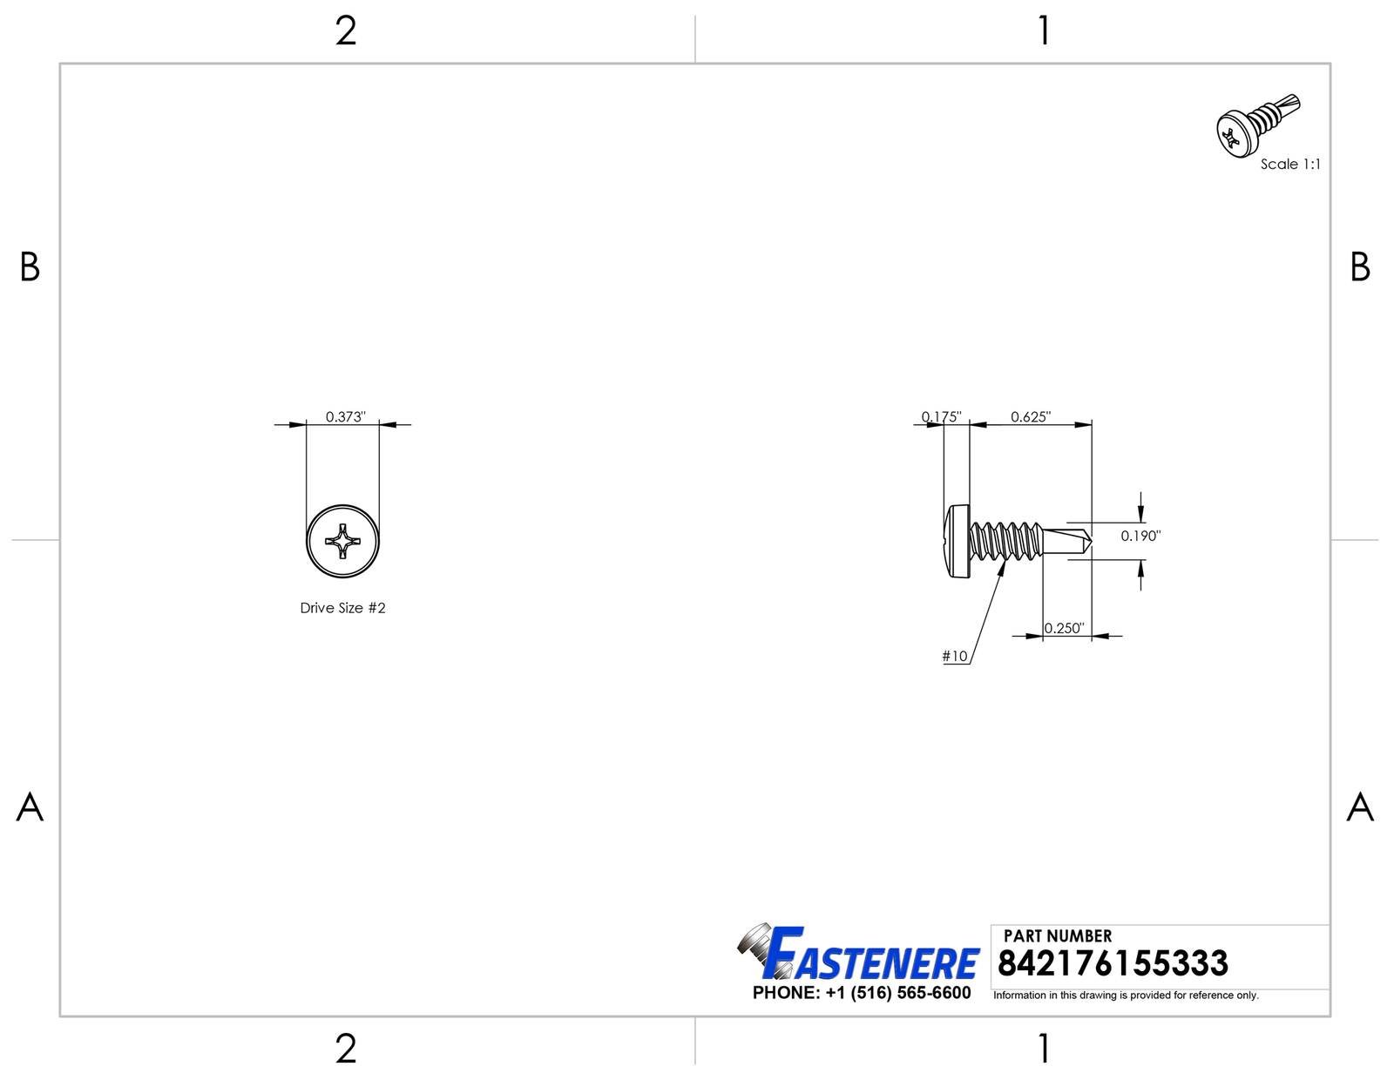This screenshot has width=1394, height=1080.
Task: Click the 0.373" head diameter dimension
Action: coord(345,417)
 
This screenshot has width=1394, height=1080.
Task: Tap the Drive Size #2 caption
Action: coord(342,607)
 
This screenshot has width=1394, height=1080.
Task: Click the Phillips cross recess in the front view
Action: coord(342,541)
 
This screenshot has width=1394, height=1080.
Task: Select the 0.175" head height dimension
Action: coord(941,417)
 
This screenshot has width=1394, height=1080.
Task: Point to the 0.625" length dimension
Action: coord(1031,417)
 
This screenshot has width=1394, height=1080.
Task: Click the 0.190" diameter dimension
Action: coord(1140,536)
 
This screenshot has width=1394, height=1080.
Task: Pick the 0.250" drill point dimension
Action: coord(1065,628)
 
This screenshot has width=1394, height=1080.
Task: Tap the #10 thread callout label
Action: coord(955,656)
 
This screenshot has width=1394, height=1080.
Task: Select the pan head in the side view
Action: coord(958,541)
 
